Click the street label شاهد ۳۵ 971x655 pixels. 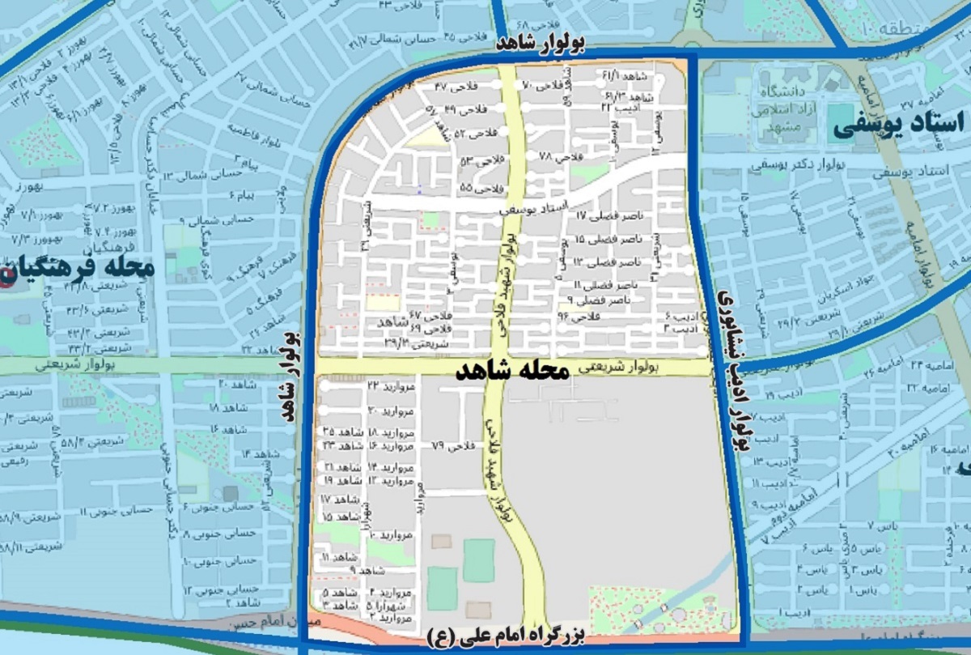tap(341, 432)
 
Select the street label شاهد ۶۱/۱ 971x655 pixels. tap(634, 76)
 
